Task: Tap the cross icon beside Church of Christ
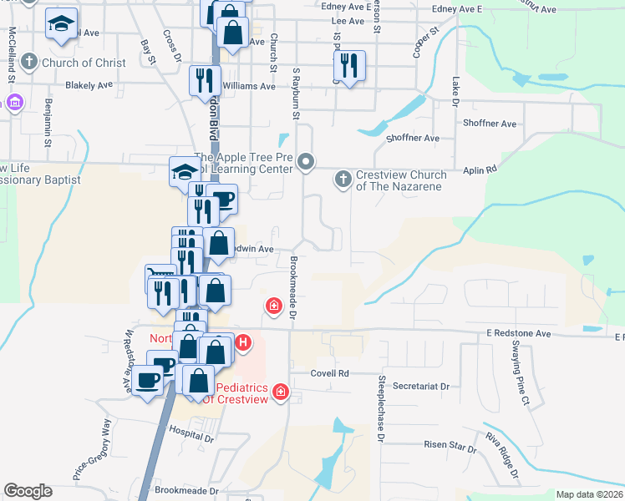(28, 62)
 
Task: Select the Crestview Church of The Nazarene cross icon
(343, 179)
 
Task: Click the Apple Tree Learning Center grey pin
(306, 162)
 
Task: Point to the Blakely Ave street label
(89, 85)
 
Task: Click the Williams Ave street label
(249, 86)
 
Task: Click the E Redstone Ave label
(519, 333)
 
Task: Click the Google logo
(28, 491)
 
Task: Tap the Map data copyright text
(590, 495)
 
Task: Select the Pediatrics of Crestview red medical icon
(281, 391)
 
